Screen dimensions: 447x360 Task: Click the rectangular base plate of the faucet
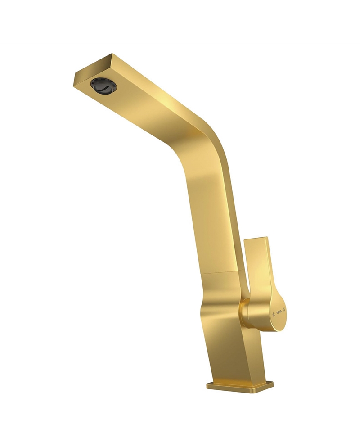click(x=240, y=386)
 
